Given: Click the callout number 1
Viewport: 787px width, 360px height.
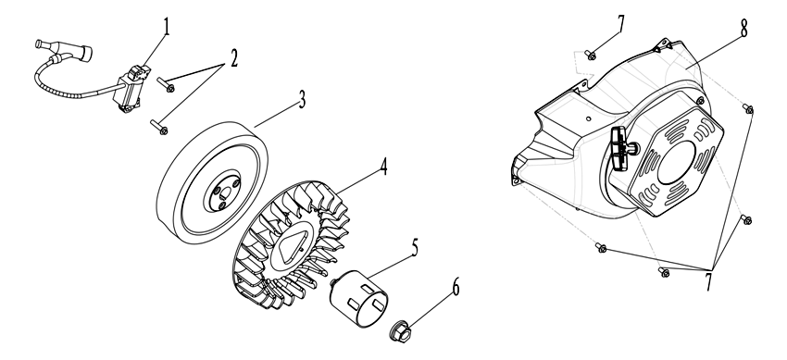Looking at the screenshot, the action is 166,28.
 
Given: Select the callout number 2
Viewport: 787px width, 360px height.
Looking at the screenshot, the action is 234,58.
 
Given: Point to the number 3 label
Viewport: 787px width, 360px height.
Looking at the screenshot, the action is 302,100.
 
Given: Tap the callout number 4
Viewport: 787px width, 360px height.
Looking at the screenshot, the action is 384,167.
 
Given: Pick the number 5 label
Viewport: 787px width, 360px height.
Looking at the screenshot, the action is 415,248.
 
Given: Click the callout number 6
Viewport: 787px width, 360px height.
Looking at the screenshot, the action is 456,288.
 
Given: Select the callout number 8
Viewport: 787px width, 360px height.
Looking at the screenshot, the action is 743,29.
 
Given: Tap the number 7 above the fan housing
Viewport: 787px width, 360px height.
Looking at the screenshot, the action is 621,24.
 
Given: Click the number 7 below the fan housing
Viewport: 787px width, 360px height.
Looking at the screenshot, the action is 708,282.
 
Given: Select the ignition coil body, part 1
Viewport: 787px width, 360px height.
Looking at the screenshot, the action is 129,89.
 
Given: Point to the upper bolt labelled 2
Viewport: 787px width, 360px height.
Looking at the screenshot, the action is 166,85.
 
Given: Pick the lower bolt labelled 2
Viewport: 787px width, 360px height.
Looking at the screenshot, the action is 159,127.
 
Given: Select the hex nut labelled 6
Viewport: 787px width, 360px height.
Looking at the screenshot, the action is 401,331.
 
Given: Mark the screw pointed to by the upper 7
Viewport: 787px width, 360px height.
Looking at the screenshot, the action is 592,56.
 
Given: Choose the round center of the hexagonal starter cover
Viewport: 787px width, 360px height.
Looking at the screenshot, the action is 676,162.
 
